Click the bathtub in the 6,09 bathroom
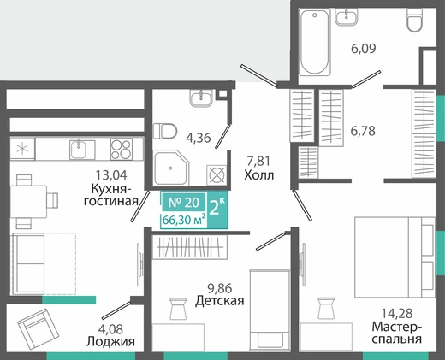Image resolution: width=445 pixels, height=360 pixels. pos(315,42)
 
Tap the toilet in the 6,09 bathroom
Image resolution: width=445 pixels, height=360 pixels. pos(414,20)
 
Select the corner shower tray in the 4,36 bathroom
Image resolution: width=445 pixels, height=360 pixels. pos(171,168)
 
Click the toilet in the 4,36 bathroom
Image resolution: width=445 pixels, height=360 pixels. pos(164,131)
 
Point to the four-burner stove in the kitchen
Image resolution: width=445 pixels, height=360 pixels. pos(122,149)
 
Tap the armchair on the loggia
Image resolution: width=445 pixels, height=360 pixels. pos(38,329)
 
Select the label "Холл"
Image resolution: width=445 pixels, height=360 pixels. pos(259,175)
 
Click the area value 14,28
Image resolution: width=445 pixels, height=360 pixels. pos(397,313)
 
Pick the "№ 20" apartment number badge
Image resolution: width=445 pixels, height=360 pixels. pos(184,203)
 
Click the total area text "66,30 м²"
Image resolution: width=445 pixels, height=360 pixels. pos(184,220)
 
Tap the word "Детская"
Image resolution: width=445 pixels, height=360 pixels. pos(220,301)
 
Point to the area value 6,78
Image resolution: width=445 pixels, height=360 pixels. pos(363,131)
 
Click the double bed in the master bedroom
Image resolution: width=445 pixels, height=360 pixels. pos(395,257)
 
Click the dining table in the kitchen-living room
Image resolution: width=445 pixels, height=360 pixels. pos(28,202)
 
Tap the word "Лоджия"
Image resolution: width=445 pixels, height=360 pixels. pos(110,341)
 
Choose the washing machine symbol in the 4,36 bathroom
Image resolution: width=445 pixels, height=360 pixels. pos(217,174)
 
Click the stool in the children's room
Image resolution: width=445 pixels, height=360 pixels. pos(178,309)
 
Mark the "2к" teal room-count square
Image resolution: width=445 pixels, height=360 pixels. pos(217,210)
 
